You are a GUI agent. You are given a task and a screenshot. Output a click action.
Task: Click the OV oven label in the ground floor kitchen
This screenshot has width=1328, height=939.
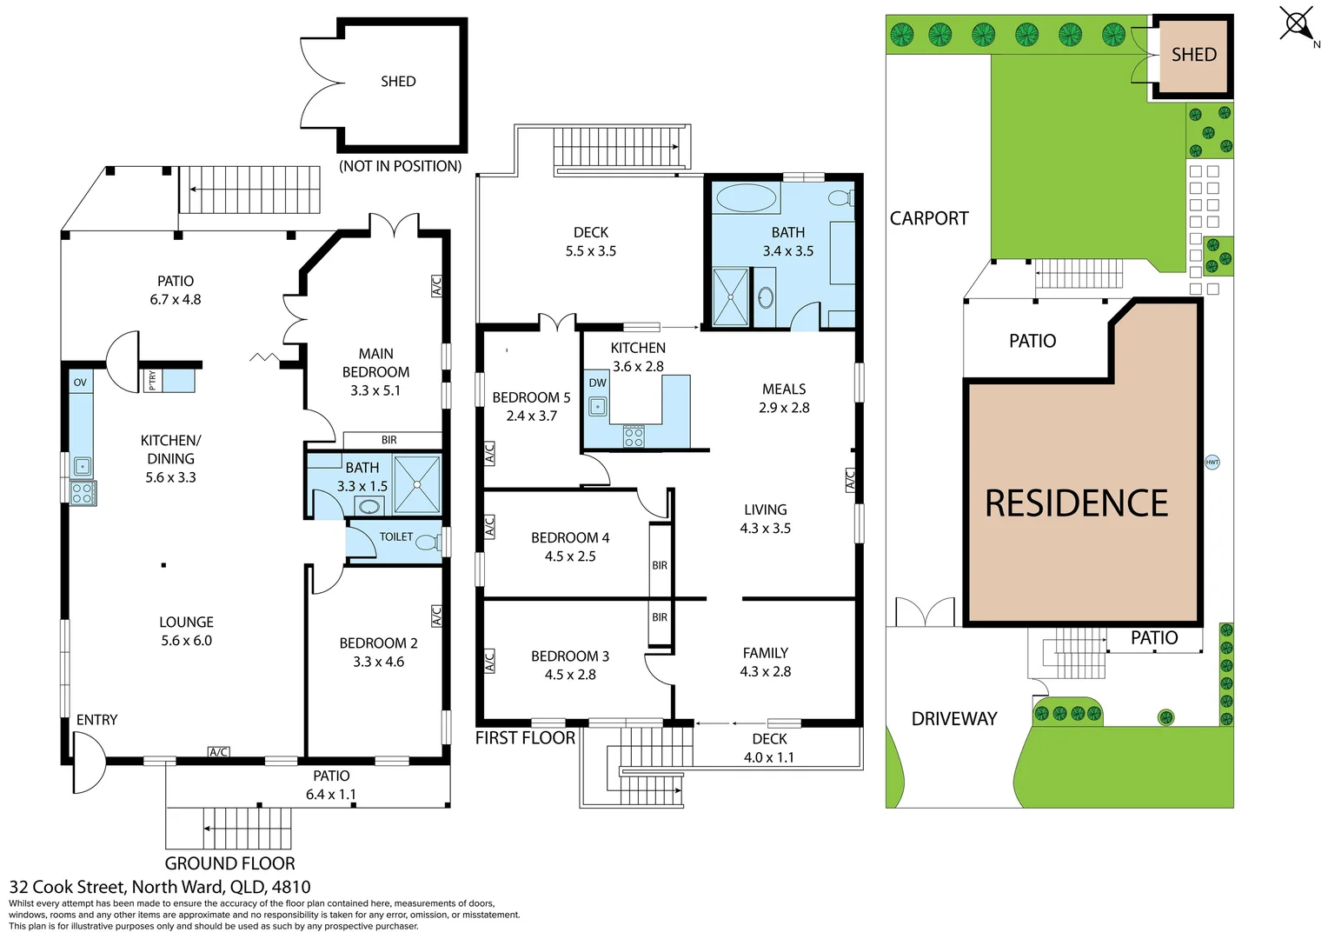point(80,383)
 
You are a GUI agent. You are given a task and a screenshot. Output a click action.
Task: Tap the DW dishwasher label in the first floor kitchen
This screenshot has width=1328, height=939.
point(598,383)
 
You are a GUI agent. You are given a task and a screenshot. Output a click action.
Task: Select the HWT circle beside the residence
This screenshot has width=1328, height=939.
point(1212,462)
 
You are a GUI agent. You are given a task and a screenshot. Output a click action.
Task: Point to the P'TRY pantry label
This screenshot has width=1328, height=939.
point(152,381)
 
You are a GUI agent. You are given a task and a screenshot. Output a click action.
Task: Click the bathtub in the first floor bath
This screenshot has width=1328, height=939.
point(746,198)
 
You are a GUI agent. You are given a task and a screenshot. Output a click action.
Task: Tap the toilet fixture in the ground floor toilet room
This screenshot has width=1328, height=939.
point(428,542)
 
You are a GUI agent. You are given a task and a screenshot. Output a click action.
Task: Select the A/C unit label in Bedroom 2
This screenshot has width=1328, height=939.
point(435,616)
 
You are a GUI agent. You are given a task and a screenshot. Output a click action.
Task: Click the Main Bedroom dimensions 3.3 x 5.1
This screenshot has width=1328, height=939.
point(375,391)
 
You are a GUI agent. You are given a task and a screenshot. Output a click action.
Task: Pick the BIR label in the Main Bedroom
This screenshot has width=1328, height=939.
point(388,440)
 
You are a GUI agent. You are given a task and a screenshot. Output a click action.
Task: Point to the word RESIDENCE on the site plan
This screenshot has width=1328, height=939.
point(1076,503)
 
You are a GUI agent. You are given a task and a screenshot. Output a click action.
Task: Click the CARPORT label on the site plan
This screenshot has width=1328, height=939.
point(929,218)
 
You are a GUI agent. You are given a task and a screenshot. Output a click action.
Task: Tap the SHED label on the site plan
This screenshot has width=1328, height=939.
point(1194,55)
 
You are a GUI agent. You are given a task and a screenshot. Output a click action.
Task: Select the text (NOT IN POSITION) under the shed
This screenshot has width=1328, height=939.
point(400,166)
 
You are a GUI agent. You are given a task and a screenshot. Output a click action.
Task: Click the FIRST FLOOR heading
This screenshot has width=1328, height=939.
point(525,738)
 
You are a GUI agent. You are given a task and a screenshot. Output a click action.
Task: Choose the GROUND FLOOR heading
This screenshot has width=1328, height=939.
point(229,863)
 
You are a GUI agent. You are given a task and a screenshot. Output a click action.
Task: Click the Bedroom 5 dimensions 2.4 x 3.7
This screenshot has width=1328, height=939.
point(532,416)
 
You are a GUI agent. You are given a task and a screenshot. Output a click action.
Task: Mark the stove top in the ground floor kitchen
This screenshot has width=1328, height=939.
point(83,493)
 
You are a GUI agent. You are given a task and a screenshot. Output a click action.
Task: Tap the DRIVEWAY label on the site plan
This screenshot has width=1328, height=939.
point(954,719)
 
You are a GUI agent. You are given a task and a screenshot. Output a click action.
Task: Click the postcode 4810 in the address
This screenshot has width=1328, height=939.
point(291,888)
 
